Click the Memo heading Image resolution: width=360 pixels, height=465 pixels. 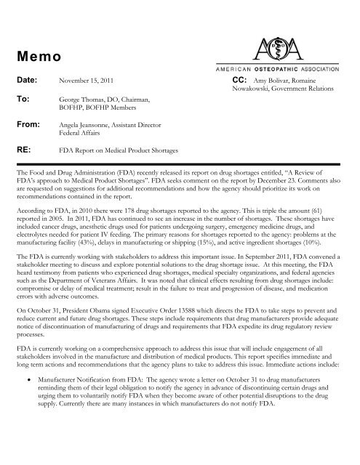coord(36,55)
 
